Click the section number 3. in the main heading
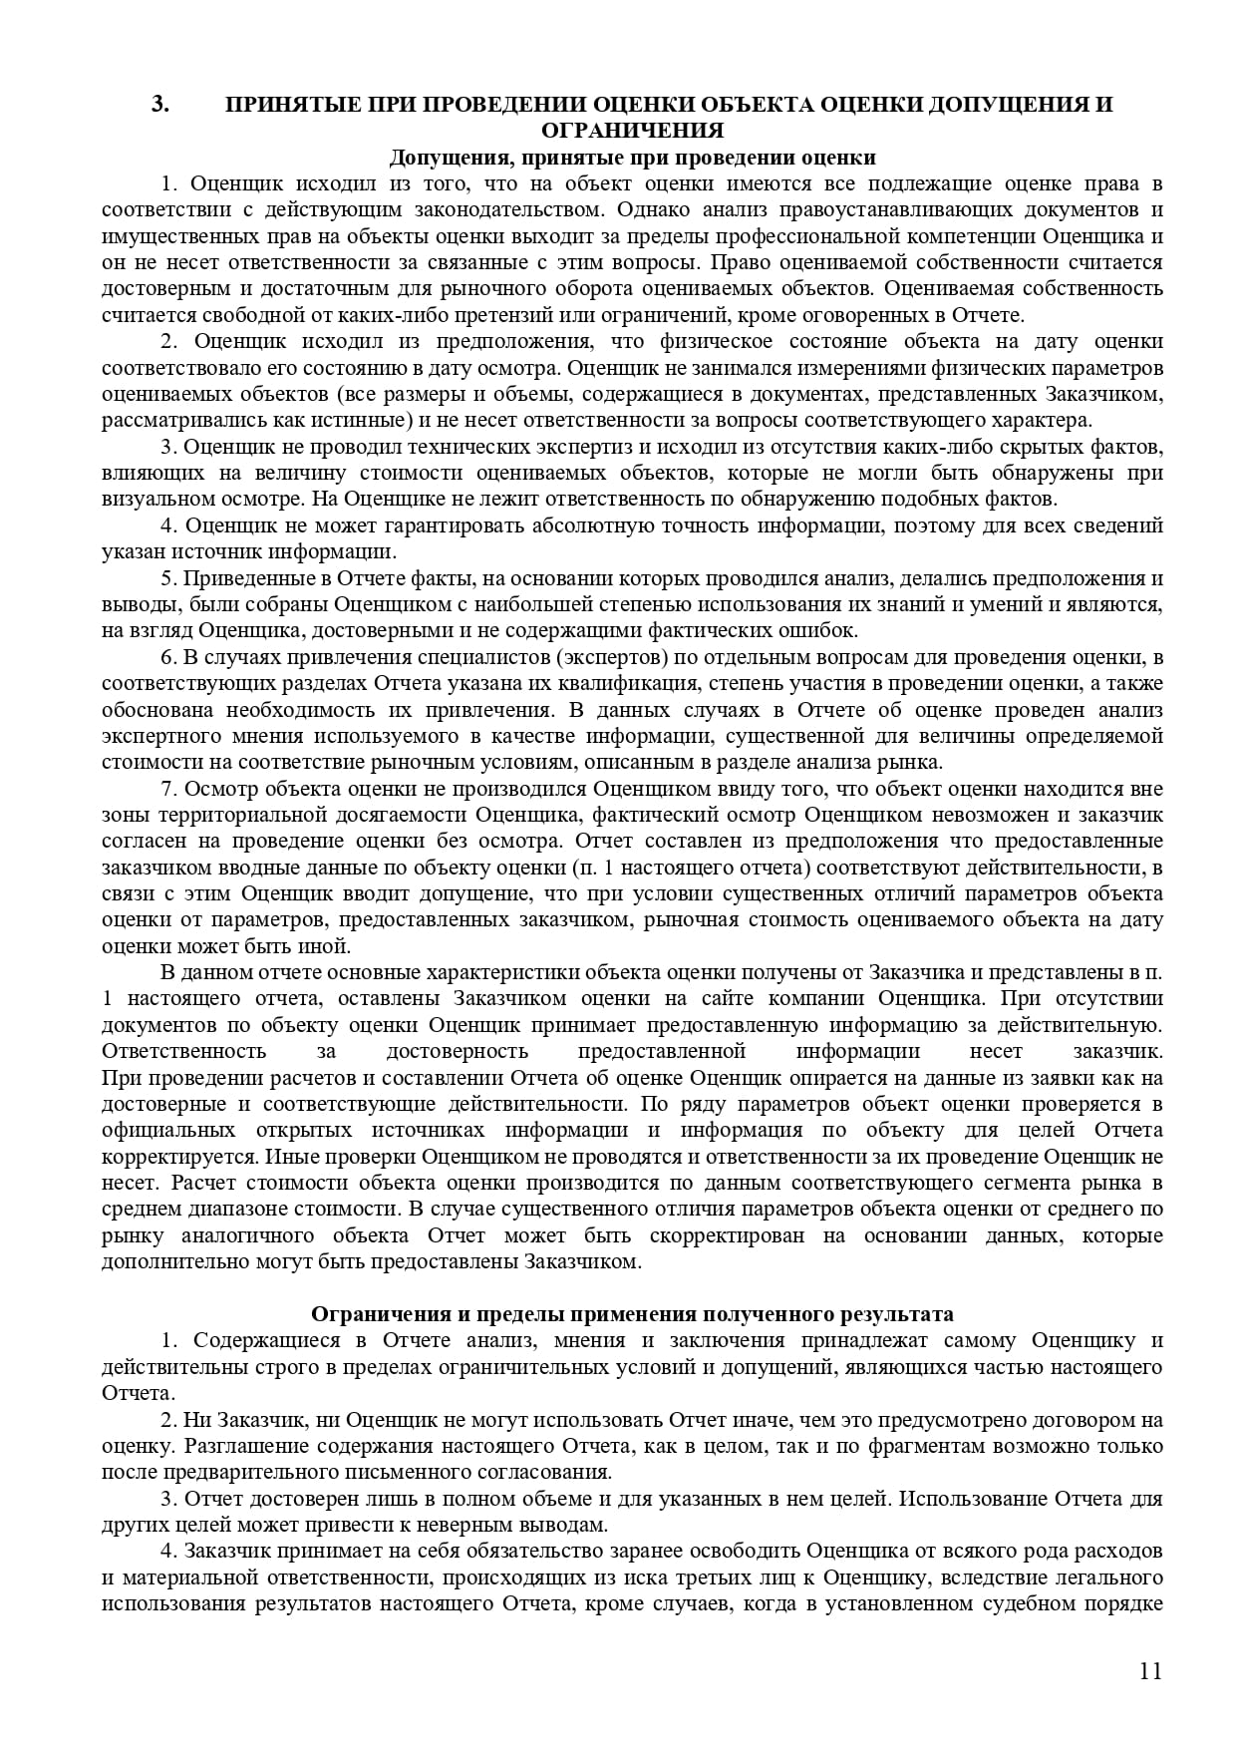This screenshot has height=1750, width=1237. [160, 105]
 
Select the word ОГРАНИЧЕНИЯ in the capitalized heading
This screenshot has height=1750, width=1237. [632, 131]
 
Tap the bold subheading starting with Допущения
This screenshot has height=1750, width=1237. [632, 158]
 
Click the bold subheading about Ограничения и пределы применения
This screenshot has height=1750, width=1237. [632, 1314]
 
